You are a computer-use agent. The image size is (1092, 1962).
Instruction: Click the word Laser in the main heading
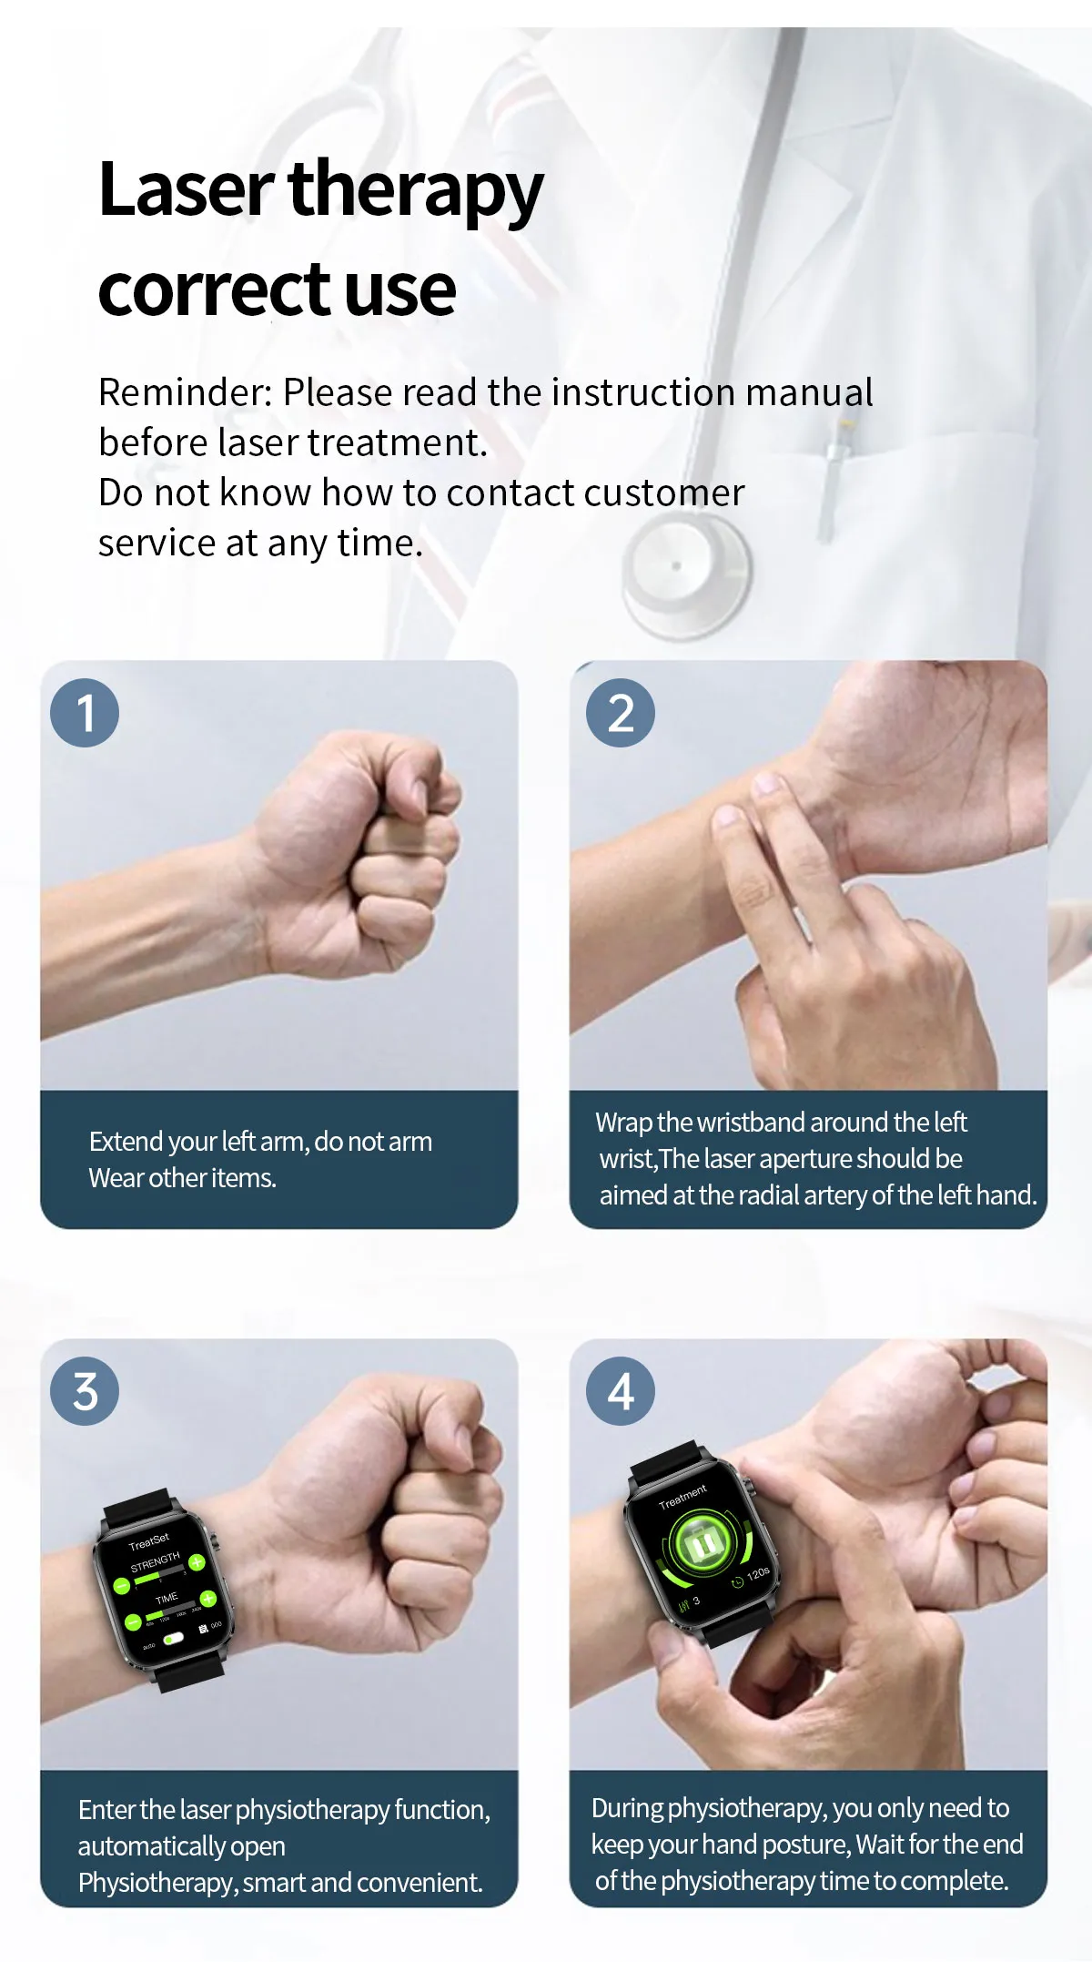click(x=186, y=189)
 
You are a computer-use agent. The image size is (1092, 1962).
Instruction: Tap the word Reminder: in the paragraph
click(x=185, y=392)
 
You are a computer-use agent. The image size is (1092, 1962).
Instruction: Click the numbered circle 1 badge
click(x=85, y=713)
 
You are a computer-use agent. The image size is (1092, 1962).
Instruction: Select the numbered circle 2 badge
click(x=621, y=713)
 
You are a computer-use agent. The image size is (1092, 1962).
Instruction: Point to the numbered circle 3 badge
click(x=85, y=1391)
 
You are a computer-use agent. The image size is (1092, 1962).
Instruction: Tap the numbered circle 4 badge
click(x=621, y=1391)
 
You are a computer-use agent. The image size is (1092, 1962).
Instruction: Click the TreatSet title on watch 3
click(x=149, y=1541)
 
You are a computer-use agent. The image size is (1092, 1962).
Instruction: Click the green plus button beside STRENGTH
click(x=197, y=1562)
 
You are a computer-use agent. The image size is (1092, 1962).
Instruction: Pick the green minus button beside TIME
click(x=133, y=1621)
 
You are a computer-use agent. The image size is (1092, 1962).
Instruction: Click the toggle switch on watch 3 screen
click(x=173, y=1638)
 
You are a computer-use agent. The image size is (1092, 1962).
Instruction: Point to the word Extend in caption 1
click(x=126, y=1142)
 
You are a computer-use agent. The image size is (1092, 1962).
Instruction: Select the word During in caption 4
click(x=627, y=1808)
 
